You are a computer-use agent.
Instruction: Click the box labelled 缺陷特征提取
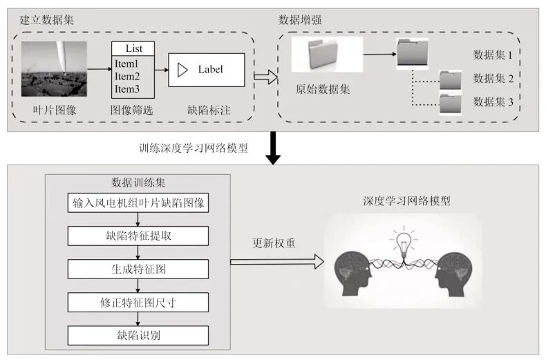tap(138, 236)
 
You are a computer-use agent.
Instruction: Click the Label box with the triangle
tap(206, 70)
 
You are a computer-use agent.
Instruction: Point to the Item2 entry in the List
tap(127, 76)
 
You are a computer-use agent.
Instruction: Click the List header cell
tap(133, 49)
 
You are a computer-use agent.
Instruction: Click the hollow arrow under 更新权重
tap(276, 261)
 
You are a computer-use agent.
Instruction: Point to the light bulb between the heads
tap(404, 242)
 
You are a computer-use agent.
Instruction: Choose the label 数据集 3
tap(493, 102)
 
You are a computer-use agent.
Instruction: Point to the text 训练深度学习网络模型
tap(193, 149)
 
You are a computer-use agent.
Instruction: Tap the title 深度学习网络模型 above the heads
tap(406, 201)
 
